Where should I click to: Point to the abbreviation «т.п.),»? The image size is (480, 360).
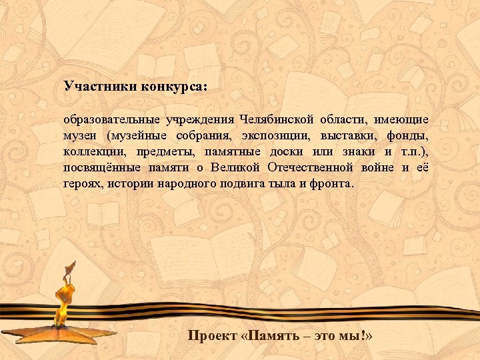pyautogui.click(x=412, y=152)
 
